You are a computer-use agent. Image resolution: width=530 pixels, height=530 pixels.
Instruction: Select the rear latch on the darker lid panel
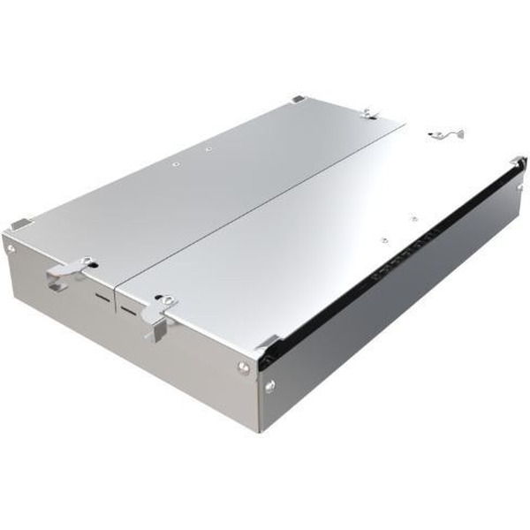click(x=371, y=114)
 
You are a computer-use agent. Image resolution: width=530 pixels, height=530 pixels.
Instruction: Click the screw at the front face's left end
click(x=11, y=250)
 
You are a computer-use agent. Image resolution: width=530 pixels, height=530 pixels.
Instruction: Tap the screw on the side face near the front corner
click(x=269, y=383)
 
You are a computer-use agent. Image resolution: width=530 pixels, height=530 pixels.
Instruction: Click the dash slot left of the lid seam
click(x=103, y=297)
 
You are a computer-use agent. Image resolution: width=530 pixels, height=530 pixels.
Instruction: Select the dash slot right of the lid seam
click(x=131, y=310)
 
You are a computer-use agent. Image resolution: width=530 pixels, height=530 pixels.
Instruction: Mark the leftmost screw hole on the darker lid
click(x=175, y=163)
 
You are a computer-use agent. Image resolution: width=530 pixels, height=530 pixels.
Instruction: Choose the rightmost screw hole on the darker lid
click(x=208, y=149)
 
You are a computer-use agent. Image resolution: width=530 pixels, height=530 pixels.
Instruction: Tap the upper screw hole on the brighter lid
click(x=413, y=215)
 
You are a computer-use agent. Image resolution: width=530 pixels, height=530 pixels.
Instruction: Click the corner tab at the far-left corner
click(x=20, y=223)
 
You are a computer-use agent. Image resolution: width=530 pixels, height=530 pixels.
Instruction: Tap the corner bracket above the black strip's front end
click(x=268, y=343)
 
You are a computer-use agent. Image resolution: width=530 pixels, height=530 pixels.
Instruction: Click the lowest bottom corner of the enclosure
click(x=260, y=431)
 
